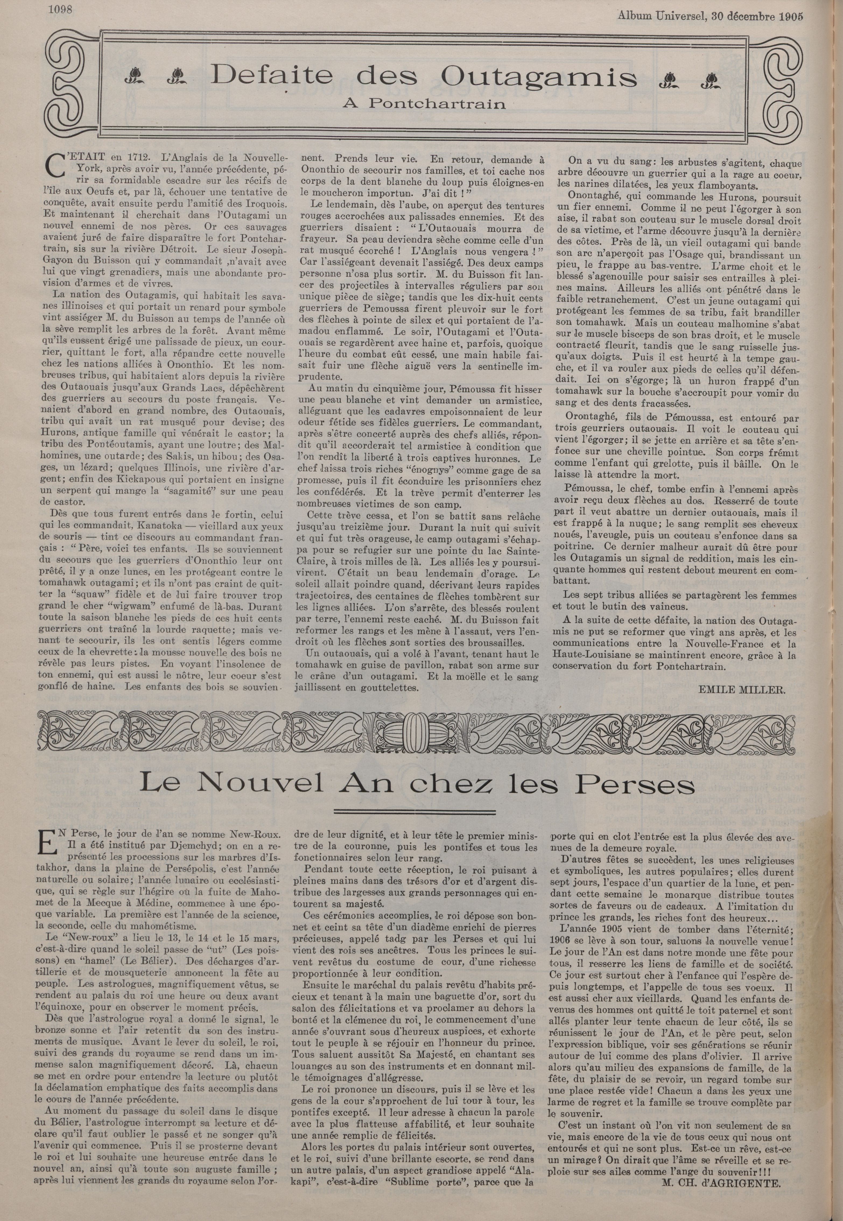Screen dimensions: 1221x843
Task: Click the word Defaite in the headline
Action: click(x=268, y=77)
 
